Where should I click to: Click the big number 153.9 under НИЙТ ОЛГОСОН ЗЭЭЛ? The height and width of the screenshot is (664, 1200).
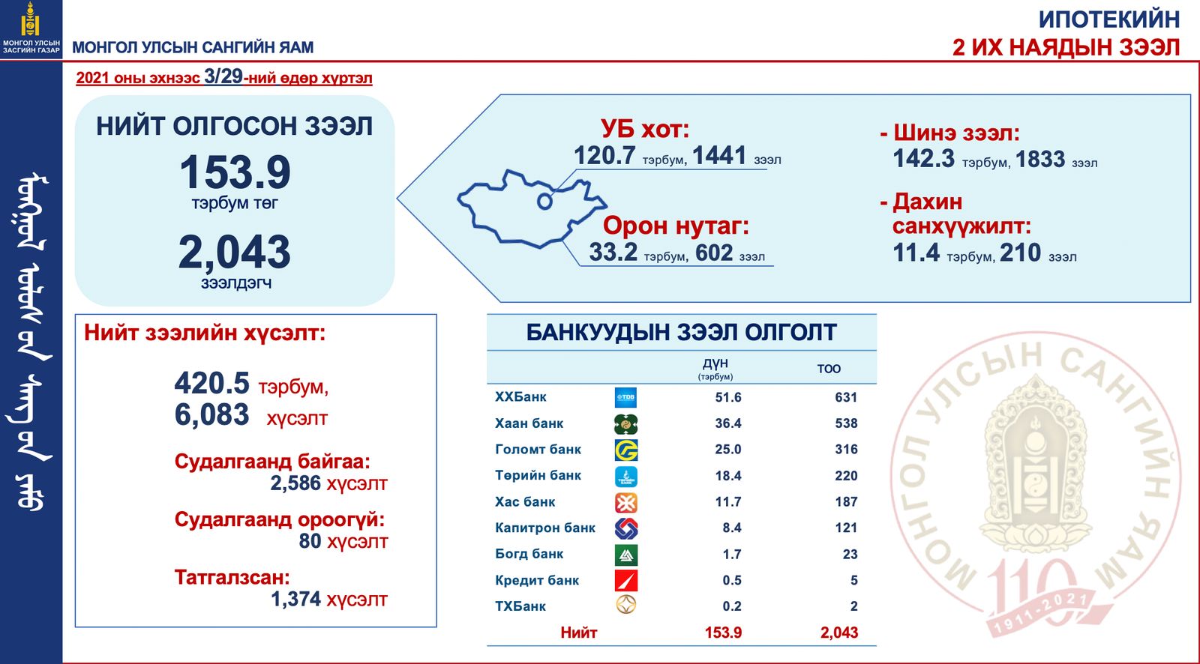[x=235, y=172]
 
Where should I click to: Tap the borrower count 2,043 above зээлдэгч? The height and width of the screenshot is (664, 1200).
[x=235, y=252]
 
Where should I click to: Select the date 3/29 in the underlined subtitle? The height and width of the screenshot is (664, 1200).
[x=223, y=76]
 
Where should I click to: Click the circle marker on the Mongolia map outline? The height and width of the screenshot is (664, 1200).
[x=544, y=202]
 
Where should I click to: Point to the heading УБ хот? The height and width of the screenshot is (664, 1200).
[x=645, y=129]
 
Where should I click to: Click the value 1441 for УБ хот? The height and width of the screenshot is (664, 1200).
[x=719, y=156]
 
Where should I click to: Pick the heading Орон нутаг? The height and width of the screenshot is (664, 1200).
[x=676, y=226]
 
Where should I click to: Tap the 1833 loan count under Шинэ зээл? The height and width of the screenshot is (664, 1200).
[x=1039, y=159]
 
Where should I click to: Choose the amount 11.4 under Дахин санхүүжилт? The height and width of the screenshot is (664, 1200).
[x=916, y=253]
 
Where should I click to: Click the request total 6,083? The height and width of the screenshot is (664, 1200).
[x=211, y=415]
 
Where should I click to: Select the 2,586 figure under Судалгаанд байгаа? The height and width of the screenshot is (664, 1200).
[x=295, y=483]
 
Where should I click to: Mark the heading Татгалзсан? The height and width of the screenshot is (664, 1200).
[x=232, y=577]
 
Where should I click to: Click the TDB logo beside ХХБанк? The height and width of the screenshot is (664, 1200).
[x=625, y=397]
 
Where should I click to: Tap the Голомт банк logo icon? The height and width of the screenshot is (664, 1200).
[x=625, y=450]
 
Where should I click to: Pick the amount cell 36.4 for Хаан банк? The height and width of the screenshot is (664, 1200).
[x=728, y=423]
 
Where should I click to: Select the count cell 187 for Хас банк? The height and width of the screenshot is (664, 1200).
[x=846, y=502]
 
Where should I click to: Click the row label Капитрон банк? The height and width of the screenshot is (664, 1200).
[x=544, y=528]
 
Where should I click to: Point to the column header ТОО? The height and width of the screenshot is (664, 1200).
[x=829, y=369]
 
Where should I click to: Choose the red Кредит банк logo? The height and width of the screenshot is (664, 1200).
[x=625, y=581]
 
